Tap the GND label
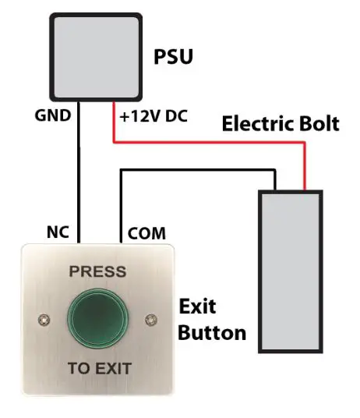(x=53, y=117)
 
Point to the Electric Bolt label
(x=280, y=124)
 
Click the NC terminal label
(x=59, y=232)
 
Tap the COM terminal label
(x=146, y=232)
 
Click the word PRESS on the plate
(x=97, y=272)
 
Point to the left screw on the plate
(x=41, y=319)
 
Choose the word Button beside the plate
(x=212, y=333)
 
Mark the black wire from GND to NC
(x=80, y=179)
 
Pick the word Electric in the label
(x=256, y=124)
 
